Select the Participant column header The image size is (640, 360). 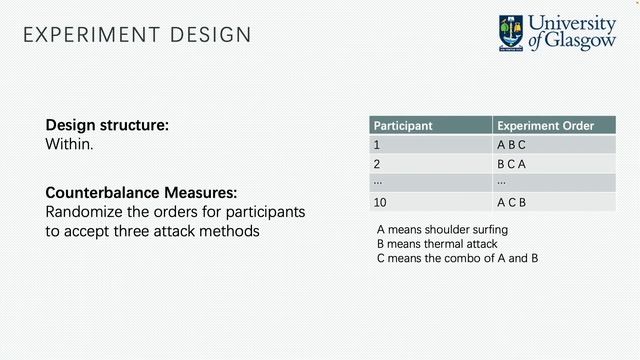click(402, 126)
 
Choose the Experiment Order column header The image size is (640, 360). click(545, 126)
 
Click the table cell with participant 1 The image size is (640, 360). click(377, 145)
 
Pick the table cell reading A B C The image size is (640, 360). click(511, 145)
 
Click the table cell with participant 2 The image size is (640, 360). click(377, 164)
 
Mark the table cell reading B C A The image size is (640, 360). click(511, 164)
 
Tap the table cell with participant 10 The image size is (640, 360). click(380, 201)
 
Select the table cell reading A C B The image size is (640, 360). click(511, 201)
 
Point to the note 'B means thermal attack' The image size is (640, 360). click(436, 243)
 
